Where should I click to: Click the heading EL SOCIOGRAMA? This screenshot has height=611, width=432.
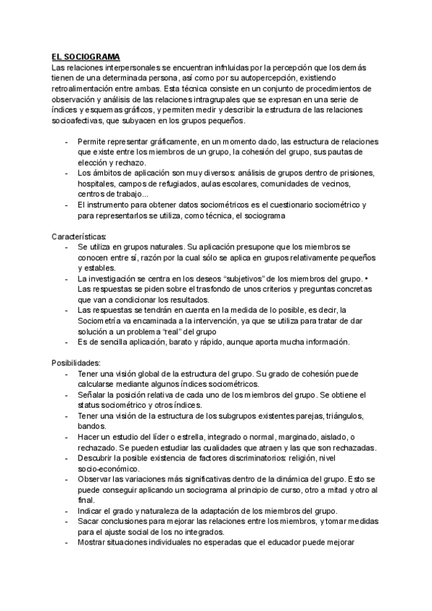tap(85, 56)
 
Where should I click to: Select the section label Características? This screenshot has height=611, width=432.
tap(79, 236)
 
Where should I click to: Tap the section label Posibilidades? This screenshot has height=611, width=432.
tap(76, 363)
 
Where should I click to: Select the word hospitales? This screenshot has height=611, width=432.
tap(96, 184)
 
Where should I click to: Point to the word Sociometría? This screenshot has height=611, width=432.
tap(104, 321)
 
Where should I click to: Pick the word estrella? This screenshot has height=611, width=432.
tap(196, 437)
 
